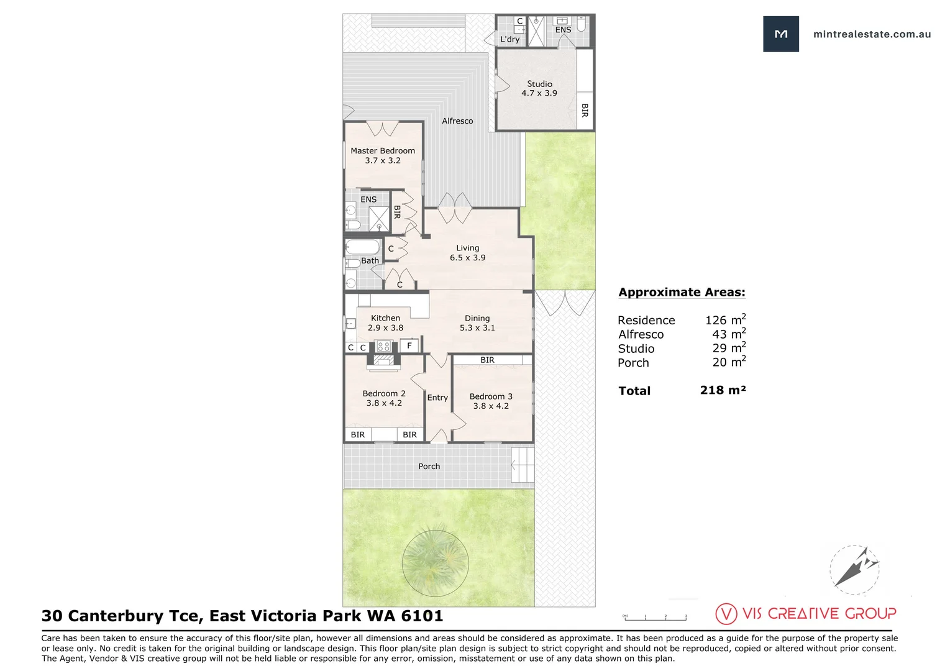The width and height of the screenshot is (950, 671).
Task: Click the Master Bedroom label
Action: pyautogui.click(x=383, y=151)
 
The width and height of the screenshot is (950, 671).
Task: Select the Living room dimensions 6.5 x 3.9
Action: pyautogui.click(x=468, y=258)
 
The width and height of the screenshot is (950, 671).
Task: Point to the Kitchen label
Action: pyautogui.click(x=385, y=318)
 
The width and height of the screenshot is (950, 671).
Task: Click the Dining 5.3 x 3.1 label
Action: pyautogui.click(x=477, y=323)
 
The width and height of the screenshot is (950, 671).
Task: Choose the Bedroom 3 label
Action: pyautogui.click(x=491, y=396)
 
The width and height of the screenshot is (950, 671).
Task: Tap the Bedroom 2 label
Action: pyautogui.click(x=384, y=393)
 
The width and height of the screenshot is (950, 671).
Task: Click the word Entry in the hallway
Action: pyautogui.click(x=437, y=398)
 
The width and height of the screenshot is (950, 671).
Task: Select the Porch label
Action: pyautogui.click(x=429, y=466)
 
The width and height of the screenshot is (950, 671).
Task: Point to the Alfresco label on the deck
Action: pyautogui.click(x=457, y=121)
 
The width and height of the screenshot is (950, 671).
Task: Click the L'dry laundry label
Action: pyautogui.click(x=510, y=39)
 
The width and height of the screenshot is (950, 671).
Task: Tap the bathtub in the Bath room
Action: pyautogui.click(x=363, y=247)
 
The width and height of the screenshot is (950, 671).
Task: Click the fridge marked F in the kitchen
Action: pyautogui.click(x=409, y=346)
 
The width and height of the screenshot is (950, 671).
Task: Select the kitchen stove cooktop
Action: pyautogui.click(x=383, y=346)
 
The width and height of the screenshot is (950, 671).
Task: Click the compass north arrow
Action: pyautogui.click(x=855, y=568)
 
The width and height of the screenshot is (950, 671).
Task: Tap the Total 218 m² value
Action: pyautogui.click(x=723, y=390)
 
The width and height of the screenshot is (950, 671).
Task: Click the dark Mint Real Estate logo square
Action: pyautogui.click(x=781, y=34)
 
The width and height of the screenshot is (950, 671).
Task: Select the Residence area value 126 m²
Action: pyautogui.click(x=725, y=320)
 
